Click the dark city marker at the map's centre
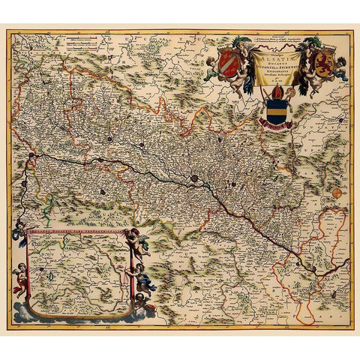pos(195,178)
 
